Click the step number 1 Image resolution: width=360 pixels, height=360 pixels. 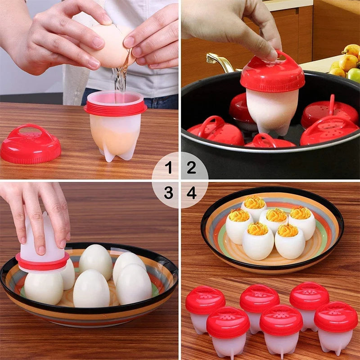(x=168, y=168)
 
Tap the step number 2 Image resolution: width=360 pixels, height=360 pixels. (x=192, y=168)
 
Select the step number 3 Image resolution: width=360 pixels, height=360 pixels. (x=168, y=193)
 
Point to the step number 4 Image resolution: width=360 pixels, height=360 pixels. (x=192, y=193)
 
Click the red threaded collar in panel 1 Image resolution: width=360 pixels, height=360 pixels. (x=115, y=108)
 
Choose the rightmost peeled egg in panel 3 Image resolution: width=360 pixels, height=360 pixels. (x=133, y=283)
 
